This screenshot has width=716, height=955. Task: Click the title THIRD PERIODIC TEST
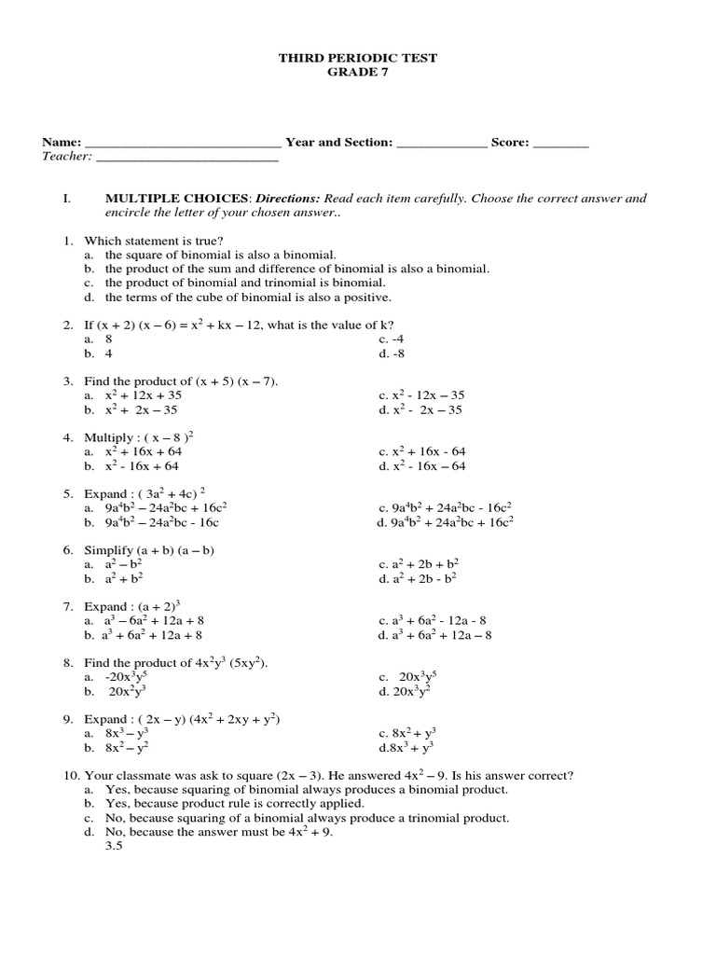coord(358,58)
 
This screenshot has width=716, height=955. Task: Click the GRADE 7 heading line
coord(358,73)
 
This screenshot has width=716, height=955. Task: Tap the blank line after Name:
coord(183,144)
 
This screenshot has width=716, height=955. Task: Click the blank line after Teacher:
coord(187,158)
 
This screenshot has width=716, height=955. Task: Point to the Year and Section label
coord(338,143)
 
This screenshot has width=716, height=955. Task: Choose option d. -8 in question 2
coord(392,354)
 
